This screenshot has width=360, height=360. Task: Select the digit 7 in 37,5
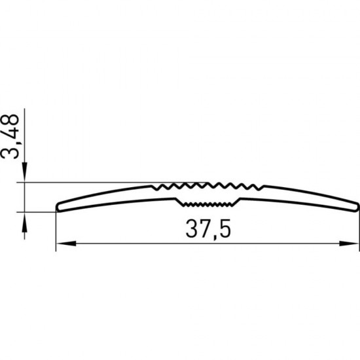(202, 229)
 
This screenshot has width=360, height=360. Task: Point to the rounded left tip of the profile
(59, 206)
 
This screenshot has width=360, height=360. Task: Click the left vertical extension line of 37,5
(56, 229)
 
